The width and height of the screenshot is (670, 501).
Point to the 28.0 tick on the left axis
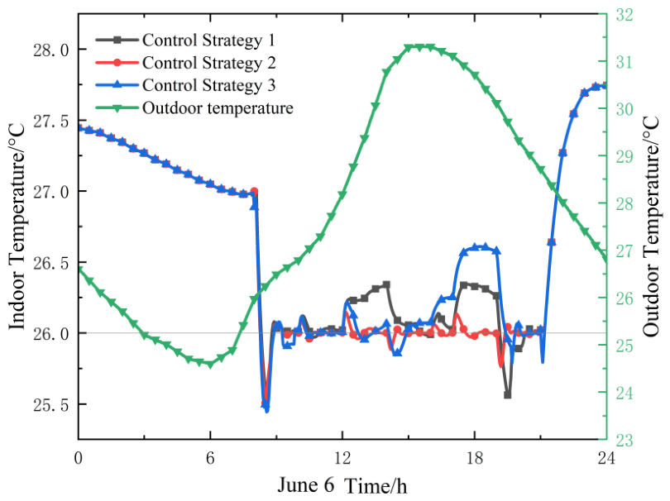coord(50,50)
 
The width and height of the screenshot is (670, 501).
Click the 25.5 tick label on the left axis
coord(50,405)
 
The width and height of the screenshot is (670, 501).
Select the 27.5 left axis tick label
coord(50,122)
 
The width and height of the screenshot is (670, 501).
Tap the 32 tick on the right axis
coord(625,15)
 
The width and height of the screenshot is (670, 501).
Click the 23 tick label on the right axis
coord(625,440)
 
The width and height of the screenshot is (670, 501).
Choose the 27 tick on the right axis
coord(625,250)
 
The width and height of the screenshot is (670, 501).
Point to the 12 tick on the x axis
coord(342,458)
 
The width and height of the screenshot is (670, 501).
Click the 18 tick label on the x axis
coord(474,458)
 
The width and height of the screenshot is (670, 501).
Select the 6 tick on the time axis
coord(210,458)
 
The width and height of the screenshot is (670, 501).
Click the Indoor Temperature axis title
coord(17,227)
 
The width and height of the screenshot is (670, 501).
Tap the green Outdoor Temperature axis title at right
coord(651,227)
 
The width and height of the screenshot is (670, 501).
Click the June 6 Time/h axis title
coord(342,485)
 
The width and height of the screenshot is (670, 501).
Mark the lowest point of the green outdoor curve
coord(210,365)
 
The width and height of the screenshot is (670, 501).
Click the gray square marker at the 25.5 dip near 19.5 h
coord(508,395)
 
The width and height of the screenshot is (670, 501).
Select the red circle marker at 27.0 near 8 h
coord(254,191)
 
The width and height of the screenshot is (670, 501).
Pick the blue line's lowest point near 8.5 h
coord(267,411)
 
